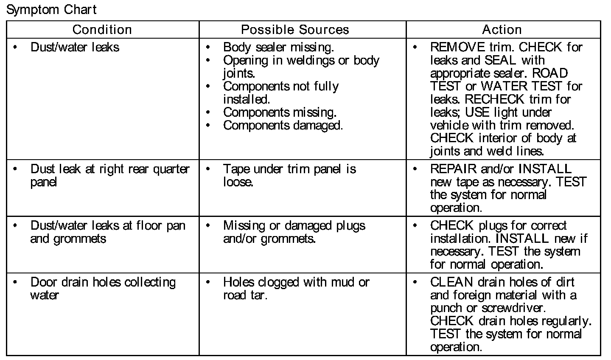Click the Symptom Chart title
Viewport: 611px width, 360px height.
tap(51, 9)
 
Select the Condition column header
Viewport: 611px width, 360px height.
tap(102, 30)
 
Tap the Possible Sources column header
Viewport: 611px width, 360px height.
tap(295, 30)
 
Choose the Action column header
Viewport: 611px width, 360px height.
tap(502, 30)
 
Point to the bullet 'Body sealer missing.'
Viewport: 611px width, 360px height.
tap(278, 47)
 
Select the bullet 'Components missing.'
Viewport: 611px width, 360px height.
tap(280, 112)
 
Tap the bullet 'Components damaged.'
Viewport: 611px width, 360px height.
tap(283, 126)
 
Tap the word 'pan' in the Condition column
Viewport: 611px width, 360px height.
tap(176, 225)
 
